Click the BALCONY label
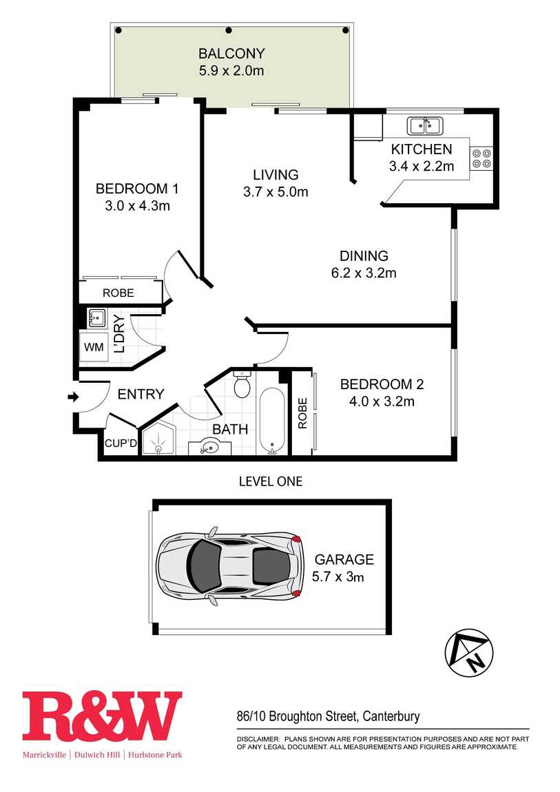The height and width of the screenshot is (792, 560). pyautogui.click(x=231, y=53)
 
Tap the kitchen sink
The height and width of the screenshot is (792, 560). pyautogui.click(x=426, y=125)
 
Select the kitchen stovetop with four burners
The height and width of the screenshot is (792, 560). pyautogui.click(x=481, y=158)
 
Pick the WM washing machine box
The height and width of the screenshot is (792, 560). pyautogui.click(x=94, y=347)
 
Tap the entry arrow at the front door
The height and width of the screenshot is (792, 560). pyautogui.click(x=73, y=397)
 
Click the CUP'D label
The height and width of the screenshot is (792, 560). pyautogui.click(x=121, y=444)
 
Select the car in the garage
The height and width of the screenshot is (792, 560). pyautogui.click(x=229, y=565)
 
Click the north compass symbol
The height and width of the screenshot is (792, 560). pyautogui.click(x=468, y=653)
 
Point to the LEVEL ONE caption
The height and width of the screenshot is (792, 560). pyautogui.click(x=271, y=481)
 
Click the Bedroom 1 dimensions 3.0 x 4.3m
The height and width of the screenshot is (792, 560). pyautogui.click(x=137, y=206)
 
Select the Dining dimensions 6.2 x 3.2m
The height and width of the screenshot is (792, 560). pyautogui.click(x=364, y=273)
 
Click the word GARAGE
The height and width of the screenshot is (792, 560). pyautogui.click(x=344, y=559)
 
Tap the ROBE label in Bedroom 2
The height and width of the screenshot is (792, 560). pyautogui.click(x=302, y=413)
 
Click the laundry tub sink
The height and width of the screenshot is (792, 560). pyautogui.click(x=96, y=319)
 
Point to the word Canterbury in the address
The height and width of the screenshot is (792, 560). pyautogui.click(x=391, y=716)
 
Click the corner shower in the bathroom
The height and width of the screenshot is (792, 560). pyautogui.click(x=158, y=439)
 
